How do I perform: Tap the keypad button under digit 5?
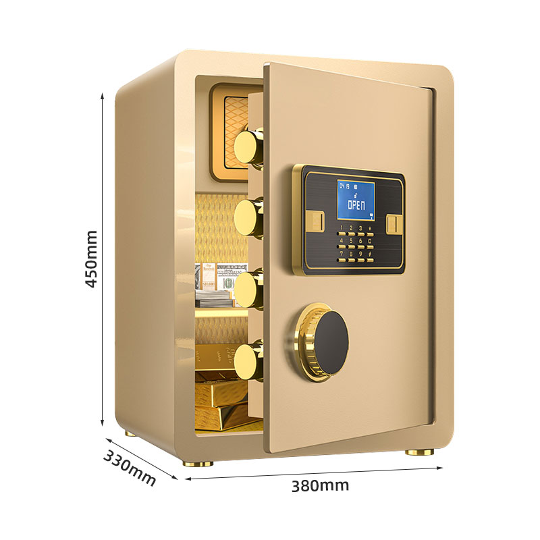point(351,246)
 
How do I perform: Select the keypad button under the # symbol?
point(370,260)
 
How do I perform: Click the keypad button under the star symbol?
point(370,234)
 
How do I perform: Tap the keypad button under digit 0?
point(370,246)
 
